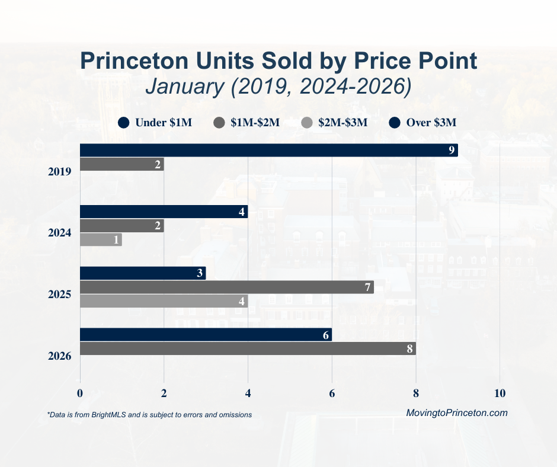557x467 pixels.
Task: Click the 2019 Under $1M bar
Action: coord(268,150)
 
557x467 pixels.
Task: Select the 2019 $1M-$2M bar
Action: coord(121,164)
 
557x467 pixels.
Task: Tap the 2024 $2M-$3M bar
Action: coord(101,239)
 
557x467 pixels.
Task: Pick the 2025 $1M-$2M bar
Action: coord(226,287)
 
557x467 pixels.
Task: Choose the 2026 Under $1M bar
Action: coord(206,334)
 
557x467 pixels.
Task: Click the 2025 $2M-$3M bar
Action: coord(164,301)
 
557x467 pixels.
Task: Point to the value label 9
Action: coord(452,151)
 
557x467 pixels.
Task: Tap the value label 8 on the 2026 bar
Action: coord(409,348)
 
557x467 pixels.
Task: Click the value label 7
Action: coord(367,287)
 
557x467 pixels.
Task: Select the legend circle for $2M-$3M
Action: coord(306,123)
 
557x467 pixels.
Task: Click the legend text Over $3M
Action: coord(431,123)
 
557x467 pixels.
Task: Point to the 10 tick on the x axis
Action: coord(500,394)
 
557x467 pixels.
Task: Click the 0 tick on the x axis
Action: coord(80,394)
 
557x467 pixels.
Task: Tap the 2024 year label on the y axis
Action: coord(60,233)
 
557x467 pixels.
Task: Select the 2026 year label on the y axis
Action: coord(60,356)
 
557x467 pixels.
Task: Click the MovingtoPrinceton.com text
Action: coord(457,413)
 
